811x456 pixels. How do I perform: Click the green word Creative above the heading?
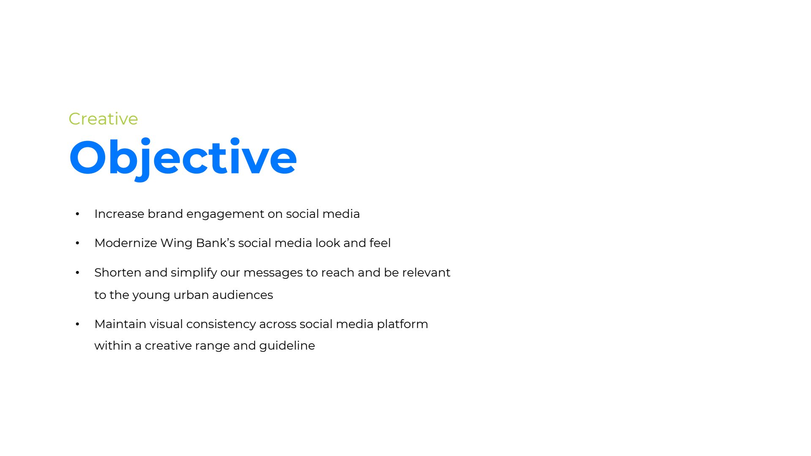(x=103, y=119)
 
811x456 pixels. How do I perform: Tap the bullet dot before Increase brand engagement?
(x=77, y=214)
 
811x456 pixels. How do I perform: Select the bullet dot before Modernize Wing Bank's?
(x=77, y=243)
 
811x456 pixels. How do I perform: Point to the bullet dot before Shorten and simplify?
(x=77, y=273)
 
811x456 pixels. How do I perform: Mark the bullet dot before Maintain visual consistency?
(x=77, y=324)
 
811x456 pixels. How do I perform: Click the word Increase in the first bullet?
(x=120, y=214)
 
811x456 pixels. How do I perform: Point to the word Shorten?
(x=118, y=273)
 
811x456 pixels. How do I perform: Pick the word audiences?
(x=242, y=295)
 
